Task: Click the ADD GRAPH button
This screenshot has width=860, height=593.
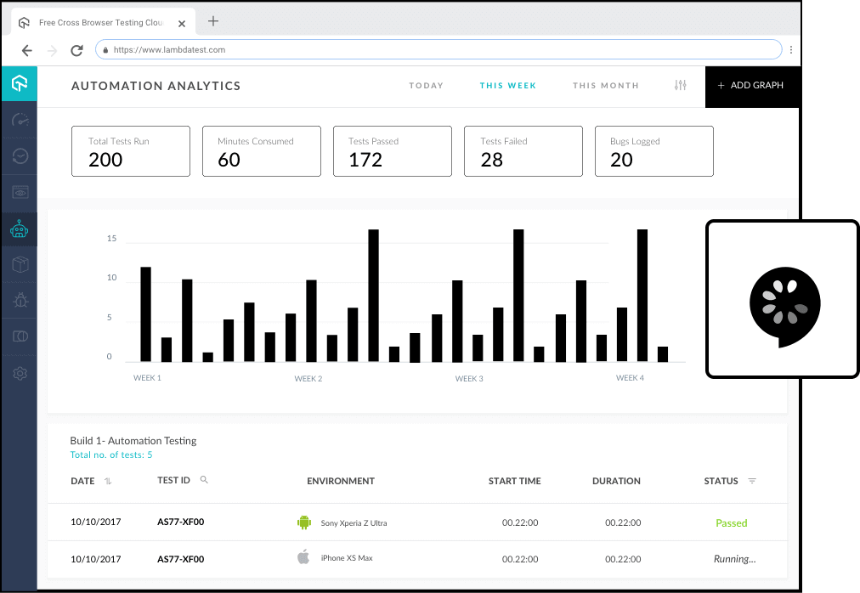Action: tap(751, 86)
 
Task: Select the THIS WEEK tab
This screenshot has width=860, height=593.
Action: tap(507, 86)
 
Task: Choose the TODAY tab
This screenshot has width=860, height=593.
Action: tap(426, 86)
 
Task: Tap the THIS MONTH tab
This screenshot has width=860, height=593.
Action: tap(605, 86)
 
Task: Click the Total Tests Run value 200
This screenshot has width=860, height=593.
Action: tap(105, 160)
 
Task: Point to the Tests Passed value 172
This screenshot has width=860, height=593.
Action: tap(365, 160)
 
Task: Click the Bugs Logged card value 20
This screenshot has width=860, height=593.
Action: tap(621, 160)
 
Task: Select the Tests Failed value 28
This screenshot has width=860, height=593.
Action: tap(492, 160)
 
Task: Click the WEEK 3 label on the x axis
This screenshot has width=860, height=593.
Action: tap(469, 378)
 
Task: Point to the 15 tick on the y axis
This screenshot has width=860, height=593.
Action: tap(111, 239)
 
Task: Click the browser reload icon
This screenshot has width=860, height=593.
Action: tap(76, 50)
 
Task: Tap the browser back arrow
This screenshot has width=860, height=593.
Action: tap(26, 50)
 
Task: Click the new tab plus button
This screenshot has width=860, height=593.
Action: tap(213, 21)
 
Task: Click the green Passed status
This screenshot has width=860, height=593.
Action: tap(731, 523)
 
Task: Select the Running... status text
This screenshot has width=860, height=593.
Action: tap(734, 559)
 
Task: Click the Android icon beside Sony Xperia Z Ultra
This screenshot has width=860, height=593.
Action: tap(303, 522)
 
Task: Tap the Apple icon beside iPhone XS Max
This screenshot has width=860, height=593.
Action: tap(303, 557)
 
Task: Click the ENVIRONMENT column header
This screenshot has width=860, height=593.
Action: tap(340, 481)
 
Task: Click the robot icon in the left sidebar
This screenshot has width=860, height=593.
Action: tap(20, 229)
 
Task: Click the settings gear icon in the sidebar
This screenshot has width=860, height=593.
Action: tap(20, 373)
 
